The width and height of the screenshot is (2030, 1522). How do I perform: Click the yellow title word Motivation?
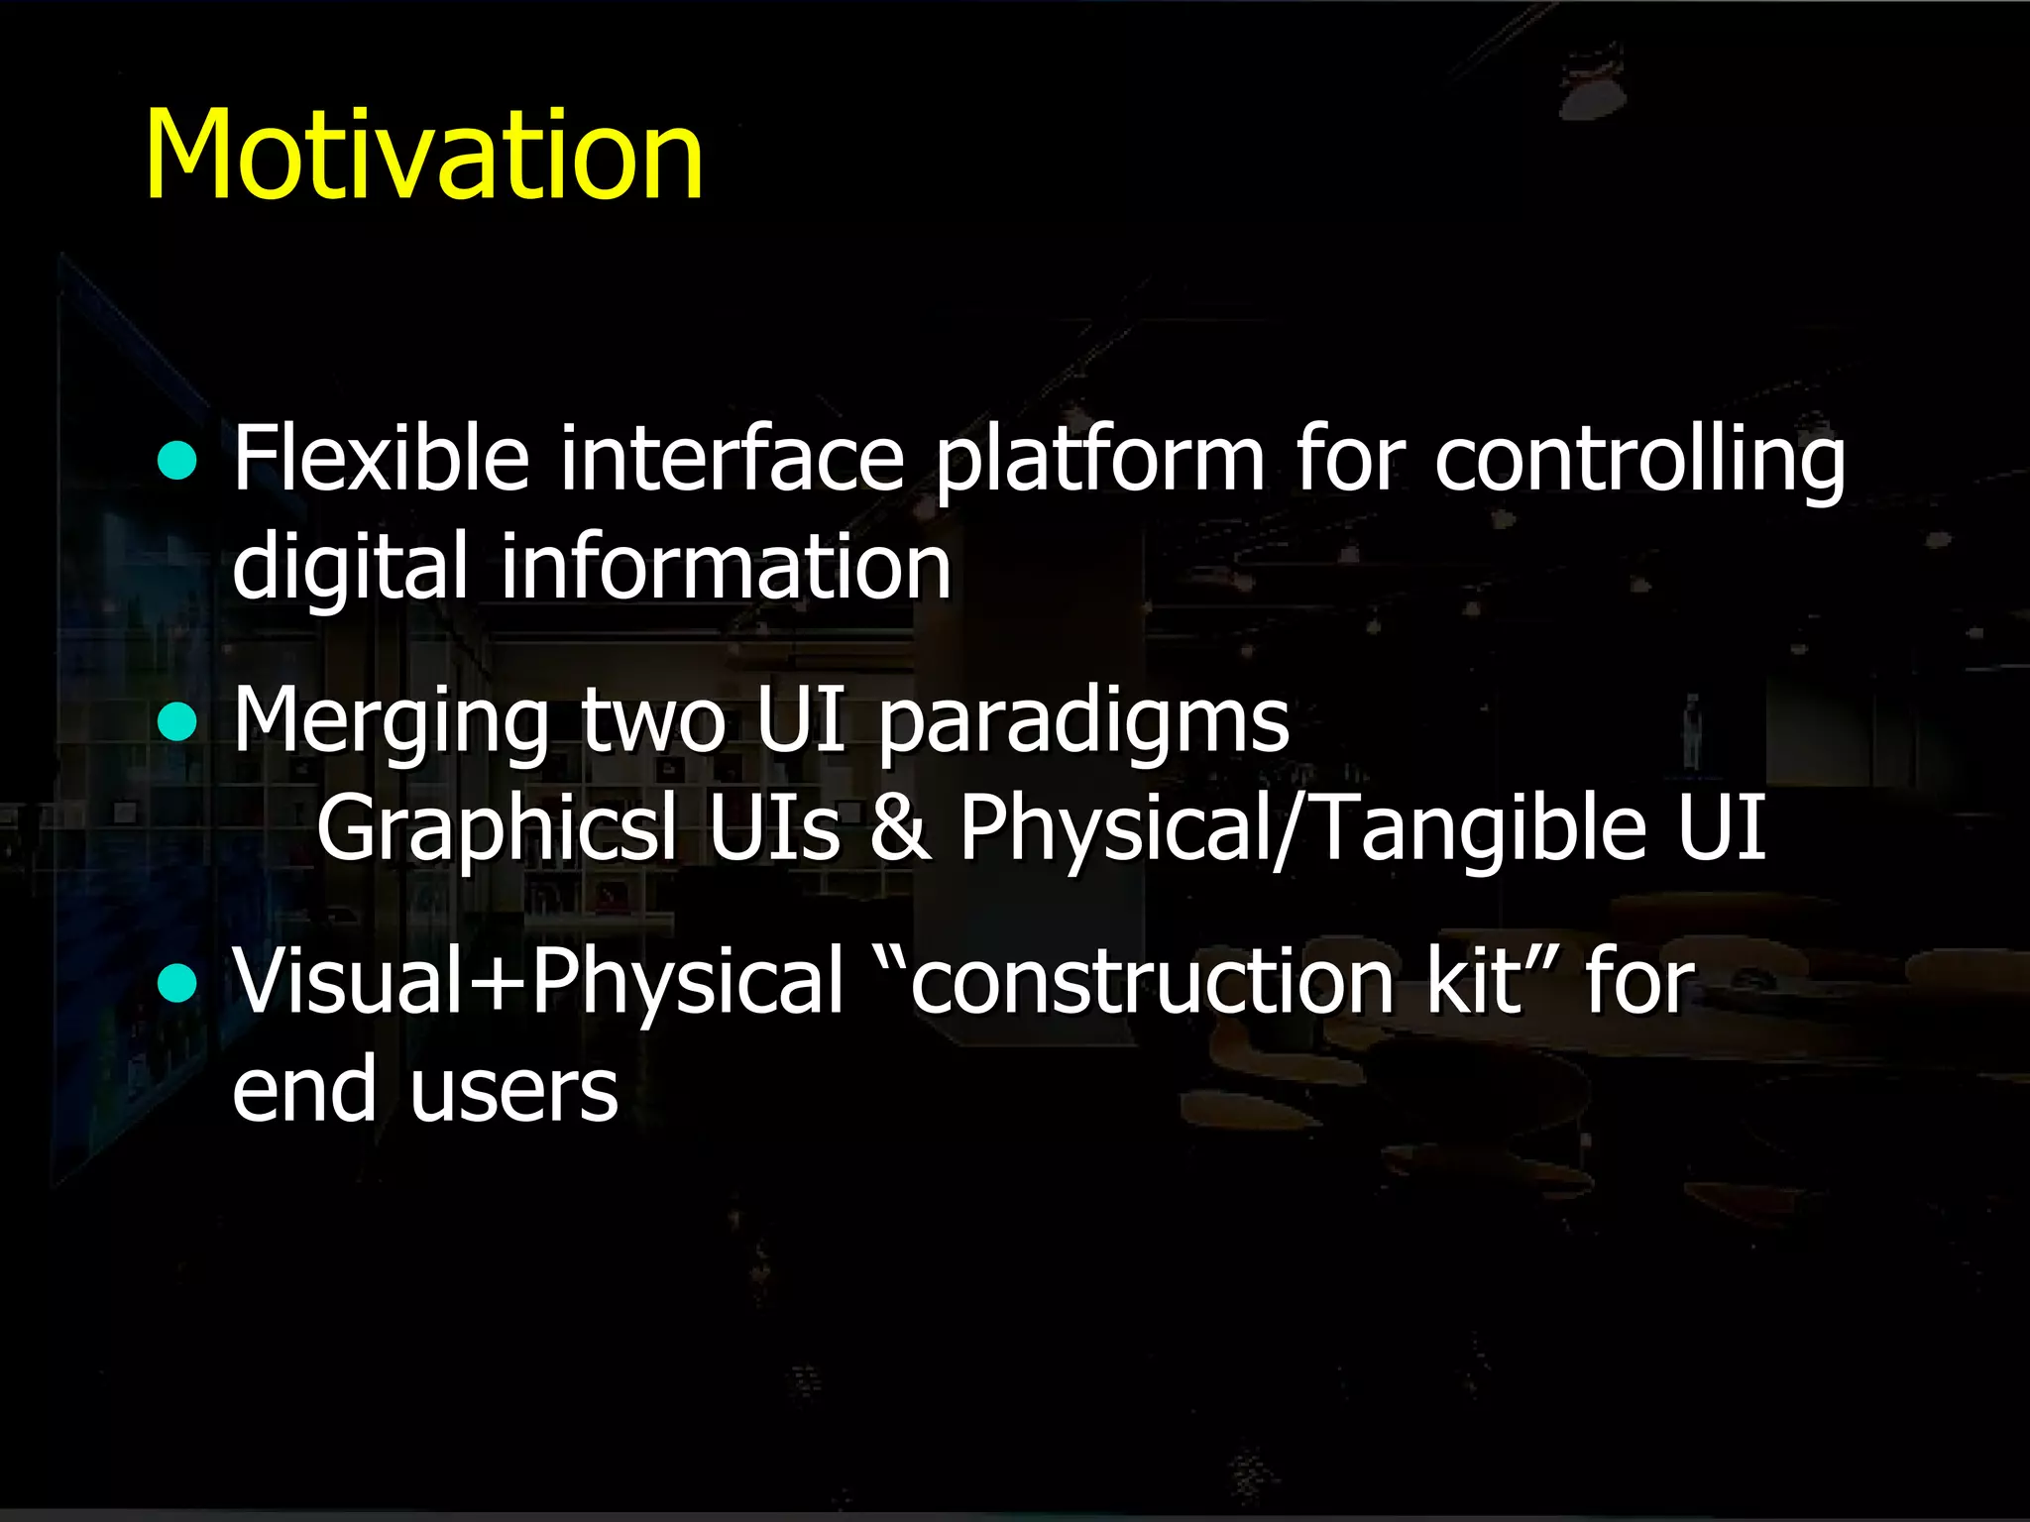click(x=424, y=156)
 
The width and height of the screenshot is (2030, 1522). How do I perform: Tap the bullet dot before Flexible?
click(x=177, y=461)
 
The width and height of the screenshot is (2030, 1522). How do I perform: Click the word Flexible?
click(x=381, y=458)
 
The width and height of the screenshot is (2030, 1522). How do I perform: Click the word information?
click(x=726, y=566)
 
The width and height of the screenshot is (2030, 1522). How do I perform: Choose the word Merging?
click(x=391, y=722)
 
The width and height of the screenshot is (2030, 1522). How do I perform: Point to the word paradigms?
click(x=1083, y=722)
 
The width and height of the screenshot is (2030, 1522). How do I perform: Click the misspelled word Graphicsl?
click(x=497, y=828)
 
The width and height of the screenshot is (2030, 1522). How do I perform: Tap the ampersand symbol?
click(x=900, y=828)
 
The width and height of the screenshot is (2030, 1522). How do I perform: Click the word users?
click(x=513, y=1090)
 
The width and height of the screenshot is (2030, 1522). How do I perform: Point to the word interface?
click(x=732, y=458)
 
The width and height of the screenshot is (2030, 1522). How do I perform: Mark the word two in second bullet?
click(x=653, y=720)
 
